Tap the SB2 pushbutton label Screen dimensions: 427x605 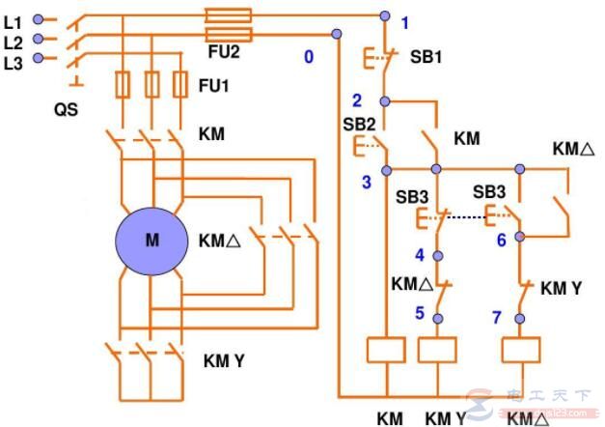click(x=358, y=126)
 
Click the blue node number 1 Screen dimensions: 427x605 click(x=405, y=22)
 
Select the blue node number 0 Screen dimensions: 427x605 click(x=309, y=56)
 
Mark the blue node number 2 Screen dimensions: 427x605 click(x=356, y=100)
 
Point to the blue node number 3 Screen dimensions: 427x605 click(x=366, y=182)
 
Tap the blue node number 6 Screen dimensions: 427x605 click(x=501, y=241)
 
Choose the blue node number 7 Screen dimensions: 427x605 click(x=497, y=317)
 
